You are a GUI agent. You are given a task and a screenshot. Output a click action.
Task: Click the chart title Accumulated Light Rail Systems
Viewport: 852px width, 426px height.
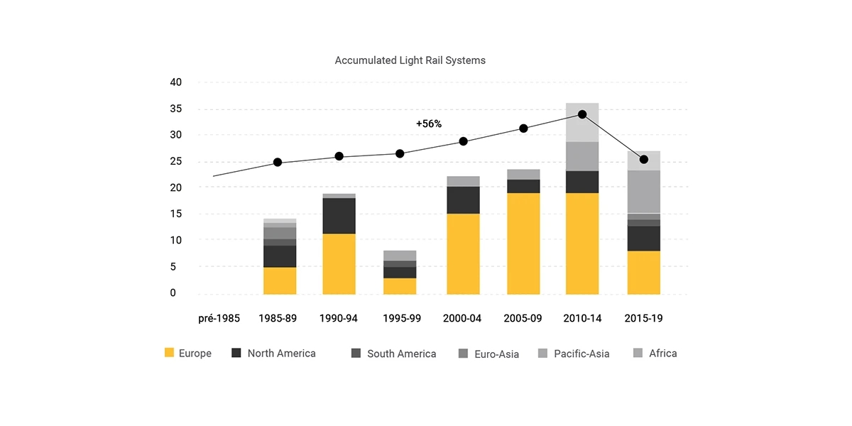410,60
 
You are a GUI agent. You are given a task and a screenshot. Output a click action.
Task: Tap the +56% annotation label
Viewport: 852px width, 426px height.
429,124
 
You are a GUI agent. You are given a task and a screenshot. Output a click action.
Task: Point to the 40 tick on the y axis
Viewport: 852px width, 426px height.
176,82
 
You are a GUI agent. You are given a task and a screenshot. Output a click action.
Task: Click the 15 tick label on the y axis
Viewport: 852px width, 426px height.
176,214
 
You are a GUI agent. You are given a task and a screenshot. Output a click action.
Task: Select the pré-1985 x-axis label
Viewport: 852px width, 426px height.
219,318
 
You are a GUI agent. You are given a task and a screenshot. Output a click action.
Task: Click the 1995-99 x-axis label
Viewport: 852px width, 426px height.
401,318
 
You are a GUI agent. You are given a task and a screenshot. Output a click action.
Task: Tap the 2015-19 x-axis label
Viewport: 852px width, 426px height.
643,318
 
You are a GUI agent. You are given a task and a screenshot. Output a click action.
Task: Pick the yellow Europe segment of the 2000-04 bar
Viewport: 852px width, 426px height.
462,253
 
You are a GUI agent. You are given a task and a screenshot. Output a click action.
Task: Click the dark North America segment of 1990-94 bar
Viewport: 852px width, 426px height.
339,215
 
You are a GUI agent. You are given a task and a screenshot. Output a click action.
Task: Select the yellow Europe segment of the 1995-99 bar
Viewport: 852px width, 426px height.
400,285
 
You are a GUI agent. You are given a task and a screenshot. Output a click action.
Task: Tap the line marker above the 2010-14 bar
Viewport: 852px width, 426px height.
582,114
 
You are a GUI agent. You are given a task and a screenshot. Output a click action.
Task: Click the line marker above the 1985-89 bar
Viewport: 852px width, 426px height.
278,163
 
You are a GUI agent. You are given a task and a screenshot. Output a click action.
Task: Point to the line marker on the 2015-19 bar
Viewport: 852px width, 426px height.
644,159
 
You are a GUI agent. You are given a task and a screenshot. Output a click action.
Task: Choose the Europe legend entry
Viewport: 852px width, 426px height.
188,354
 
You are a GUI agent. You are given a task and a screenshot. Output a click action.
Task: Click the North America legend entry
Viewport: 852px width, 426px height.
274,354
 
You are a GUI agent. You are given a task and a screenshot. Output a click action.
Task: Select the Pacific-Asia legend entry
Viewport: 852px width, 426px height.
574,354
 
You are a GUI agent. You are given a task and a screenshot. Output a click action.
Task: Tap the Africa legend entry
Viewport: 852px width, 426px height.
655,354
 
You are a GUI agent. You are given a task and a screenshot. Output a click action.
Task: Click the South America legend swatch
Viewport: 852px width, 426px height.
356,353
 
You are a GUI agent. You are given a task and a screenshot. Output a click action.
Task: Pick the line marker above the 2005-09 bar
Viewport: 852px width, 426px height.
523,129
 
